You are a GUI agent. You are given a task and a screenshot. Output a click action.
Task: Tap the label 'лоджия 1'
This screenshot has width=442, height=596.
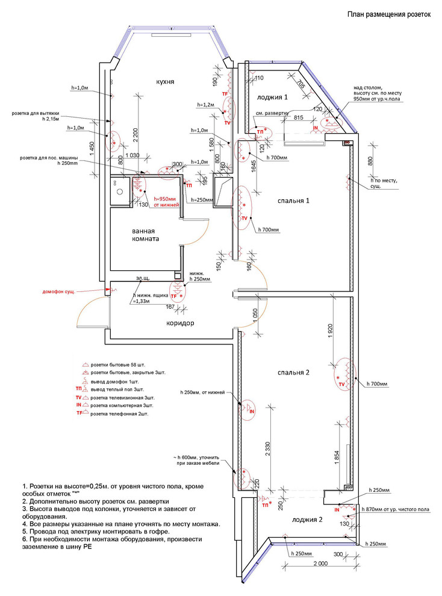click(x=273, y=96)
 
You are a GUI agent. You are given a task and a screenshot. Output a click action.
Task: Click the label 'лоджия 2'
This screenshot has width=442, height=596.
click(x=308, y=519)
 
